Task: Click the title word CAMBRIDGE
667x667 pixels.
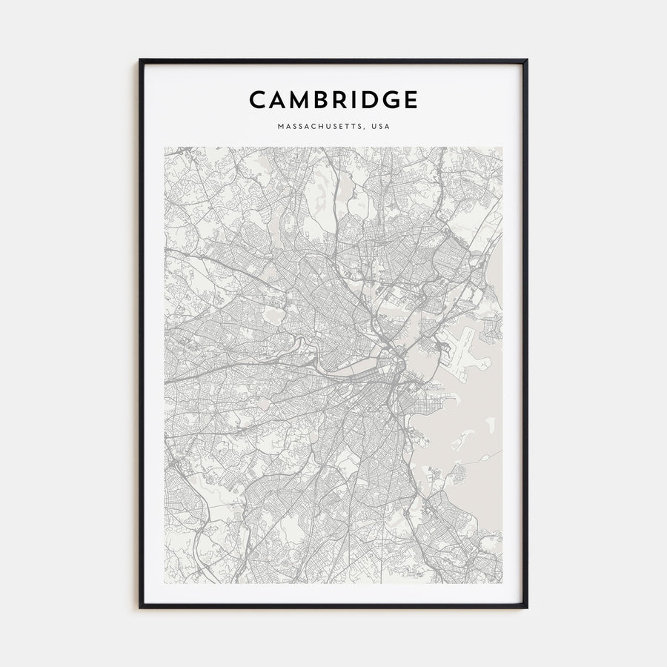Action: (333, 99)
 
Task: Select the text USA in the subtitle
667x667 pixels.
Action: (381, 127)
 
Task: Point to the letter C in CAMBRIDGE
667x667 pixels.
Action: (256, 99)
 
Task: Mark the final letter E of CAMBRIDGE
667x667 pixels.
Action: (411, 99)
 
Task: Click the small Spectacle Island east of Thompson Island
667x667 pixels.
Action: (490, 423)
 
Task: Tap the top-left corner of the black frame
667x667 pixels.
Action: (141, 61)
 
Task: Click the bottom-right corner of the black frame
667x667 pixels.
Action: (526, 607)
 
